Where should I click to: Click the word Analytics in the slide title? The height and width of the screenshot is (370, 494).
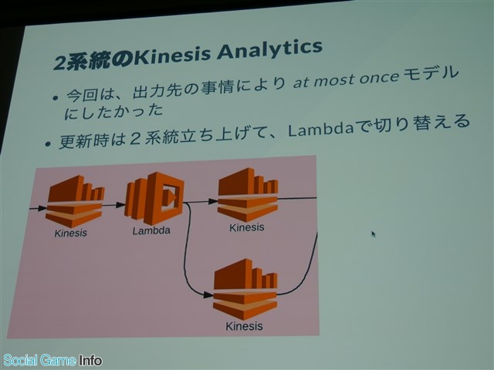point(269,51)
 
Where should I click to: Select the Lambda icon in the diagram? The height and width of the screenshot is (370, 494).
point(154,197)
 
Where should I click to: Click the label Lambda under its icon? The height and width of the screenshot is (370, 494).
point(151,230)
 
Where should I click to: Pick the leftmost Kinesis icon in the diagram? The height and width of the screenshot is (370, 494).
point(75,201)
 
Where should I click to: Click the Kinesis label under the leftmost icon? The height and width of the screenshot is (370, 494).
point(70,233)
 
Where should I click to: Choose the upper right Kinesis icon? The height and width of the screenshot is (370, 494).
point(249,194)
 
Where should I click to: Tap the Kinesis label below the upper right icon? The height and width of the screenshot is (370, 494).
point(247,227)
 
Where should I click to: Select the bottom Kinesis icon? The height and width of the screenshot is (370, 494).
point(245,289)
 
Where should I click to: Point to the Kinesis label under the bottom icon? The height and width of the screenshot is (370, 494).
point(244,326)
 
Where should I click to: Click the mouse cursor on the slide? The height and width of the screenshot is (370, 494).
point(374,234)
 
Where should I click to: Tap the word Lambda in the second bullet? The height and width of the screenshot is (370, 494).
point(320,129)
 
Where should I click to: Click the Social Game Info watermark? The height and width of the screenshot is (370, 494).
point(52,360)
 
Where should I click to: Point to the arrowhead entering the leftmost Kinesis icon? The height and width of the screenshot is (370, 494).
point(42,208)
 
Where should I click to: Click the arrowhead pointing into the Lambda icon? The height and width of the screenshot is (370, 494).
point(120,205)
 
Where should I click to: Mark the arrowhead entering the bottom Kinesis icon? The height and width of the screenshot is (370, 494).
point(208,294)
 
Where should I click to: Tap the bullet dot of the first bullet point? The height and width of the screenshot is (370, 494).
point(56,98)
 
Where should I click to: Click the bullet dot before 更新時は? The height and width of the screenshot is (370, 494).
point(48,144)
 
